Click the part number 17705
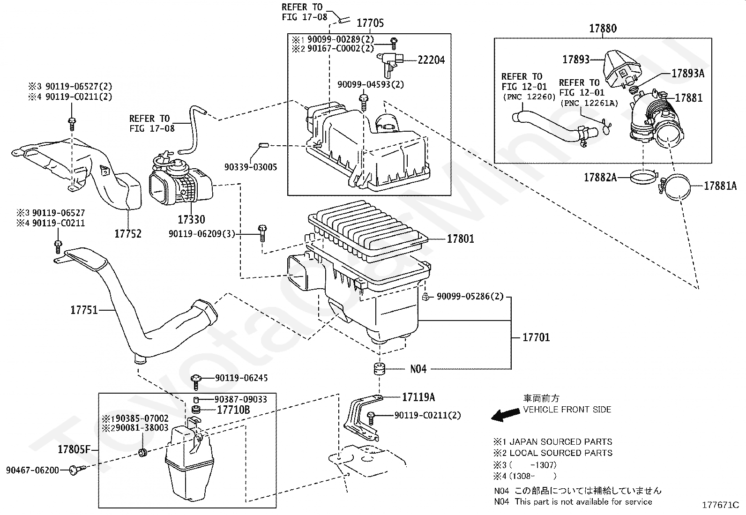click(370, 22)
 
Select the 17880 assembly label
click(603, 28)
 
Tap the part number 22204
click(431, 60)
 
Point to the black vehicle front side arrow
click(505, 415)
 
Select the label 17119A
click(418, 397)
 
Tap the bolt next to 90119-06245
click(196, 382)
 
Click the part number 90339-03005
click(250, 167)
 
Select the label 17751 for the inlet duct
click(84, 310)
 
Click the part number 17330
click(191, 219)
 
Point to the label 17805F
click(74, 449)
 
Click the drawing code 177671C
click(720, 505)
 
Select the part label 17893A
click(688, 73)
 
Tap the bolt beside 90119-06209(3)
click(262, 233)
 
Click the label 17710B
click(233, 410)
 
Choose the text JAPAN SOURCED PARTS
click(561, 442)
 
